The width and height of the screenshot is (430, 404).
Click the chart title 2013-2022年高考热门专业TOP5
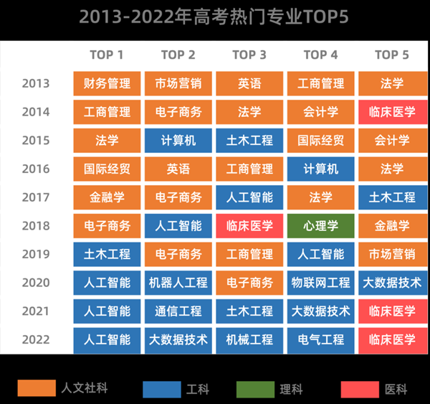tap(214, 17)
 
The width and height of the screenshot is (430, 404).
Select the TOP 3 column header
tap(249, 55)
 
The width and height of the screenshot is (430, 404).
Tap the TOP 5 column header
tap(392, 55)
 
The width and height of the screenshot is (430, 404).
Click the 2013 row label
tap(36, 83)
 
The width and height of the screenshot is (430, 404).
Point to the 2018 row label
tap(36, 226)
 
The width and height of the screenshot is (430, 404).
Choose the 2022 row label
tap(36, 339)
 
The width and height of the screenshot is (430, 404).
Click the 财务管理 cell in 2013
tap(107, 83)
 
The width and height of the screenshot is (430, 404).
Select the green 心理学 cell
tap(320, 226)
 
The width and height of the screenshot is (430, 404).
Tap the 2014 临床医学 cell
tap(392, 112)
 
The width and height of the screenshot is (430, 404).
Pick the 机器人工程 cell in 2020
tap(178, 283)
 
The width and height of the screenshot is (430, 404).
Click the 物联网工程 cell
tap(320, 283)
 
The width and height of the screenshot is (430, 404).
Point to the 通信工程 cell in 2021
tap(178, 311)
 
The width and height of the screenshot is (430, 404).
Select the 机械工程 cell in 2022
tap(249, 339)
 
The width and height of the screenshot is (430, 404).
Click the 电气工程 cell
tap(320, 339)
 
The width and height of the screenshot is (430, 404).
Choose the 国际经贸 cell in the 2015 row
tap(320, 141)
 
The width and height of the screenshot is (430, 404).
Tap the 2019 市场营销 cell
tap(392, 254)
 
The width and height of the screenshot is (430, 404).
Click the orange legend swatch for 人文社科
tap(35, 389)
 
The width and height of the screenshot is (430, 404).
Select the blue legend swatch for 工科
tap(161, 389)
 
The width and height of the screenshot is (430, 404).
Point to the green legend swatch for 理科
tap(255, 389)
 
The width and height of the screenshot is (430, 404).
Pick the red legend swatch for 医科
tap(360, 389)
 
